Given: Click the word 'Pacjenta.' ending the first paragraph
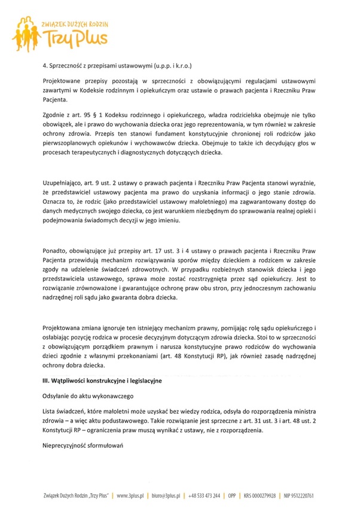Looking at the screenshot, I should pos(56,100).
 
